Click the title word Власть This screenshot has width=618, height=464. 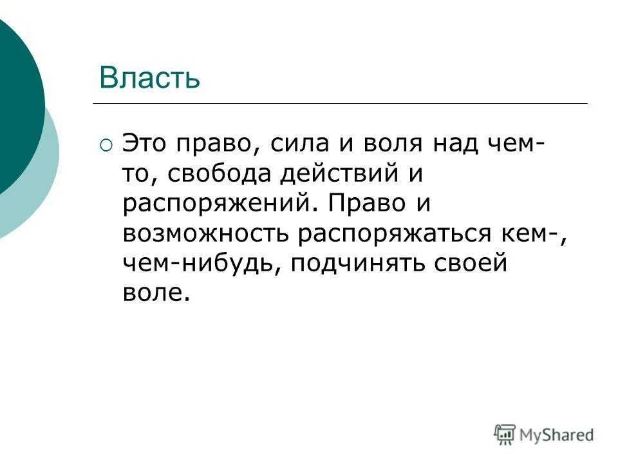click(149, 79)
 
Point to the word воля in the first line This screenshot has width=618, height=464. click(388, 144)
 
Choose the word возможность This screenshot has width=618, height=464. click(205, 233)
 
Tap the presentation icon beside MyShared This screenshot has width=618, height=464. click(505, 435)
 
